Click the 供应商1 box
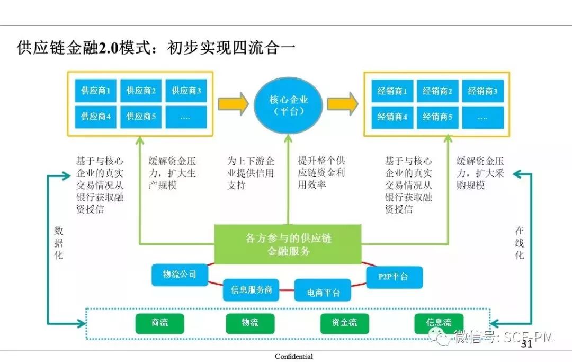(96, 91)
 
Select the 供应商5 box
(141, 117)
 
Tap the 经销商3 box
(482, 91)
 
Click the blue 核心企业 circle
(289, 105)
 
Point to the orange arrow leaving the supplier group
(233, 103)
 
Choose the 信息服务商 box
(251, 290)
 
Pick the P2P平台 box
(394, 277)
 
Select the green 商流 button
(159, 323)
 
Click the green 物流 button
(250, 323)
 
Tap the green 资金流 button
(345, 323)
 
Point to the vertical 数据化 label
(59, 243)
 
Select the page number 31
(526, 345)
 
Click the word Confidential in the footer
(294, 357)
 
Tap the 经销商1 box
(392, 91)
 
